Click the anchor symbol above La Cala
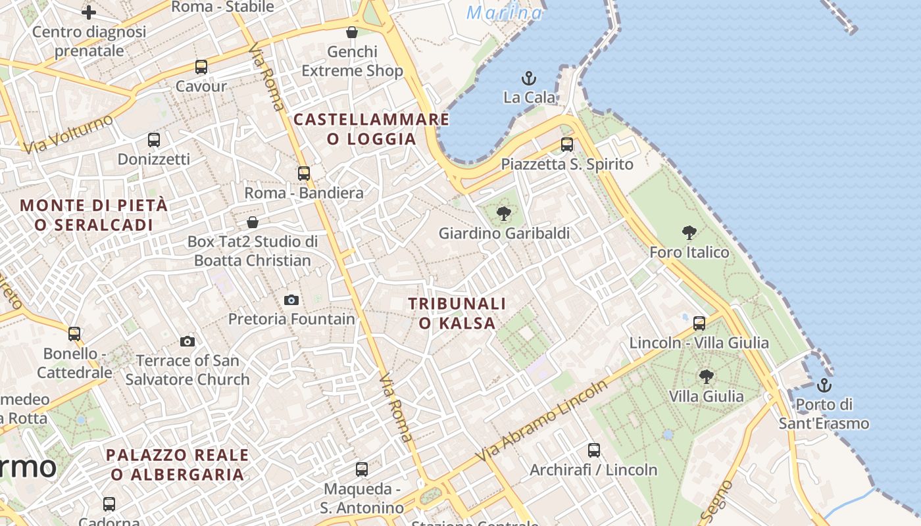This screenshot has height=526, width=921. click(x=528, y=78)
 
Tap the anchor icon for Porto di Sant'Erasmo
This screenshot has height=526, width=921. click(x=824, y=385)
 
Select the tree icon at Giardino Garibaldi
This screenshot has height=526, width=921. click(x=504, y=213)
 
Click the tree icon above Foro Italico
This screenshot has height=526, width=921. click(x=689, y=232)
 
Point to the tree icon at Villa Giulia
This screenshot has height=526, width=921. click(x=706, y=377)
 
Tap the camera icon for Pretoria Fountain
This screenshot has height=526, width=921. click(x=291, y=300)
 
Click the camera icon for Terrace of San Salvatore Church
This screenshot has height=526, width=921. click(x=187, y=341)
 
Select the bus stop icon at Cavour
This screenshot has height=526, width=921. click(x=201, y=67)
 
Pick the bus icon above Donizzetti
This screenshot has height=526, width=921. click(x=154, y=140)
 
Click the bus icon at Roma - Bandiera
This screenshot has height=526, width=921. click(x=303, y=174)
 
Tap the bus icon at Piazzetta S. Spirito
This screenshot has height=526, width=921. click(x=567, y=145)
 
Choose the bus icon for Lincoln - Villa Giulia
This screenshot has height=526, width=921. click(x=699, y=323)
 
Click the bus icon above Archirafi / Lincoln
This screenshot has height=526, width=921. click(x=594, y=450)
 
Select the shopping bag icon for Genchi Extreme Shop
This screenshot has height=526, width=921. click(x=352, y=32)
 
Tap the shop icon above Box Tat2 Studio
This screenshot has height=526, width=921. click(x=253, y=222)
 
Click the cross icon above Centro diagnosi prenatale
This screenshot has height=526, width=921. click(x=89, y=12)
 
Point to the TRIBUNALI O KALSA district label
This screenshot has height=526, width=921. click(x=457, y=313)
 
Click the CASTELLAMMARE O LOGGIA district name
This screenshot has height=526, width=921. click(x=372, y=129)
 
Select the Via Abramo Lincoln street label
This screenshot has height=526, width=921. click(x=542, y=421)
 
